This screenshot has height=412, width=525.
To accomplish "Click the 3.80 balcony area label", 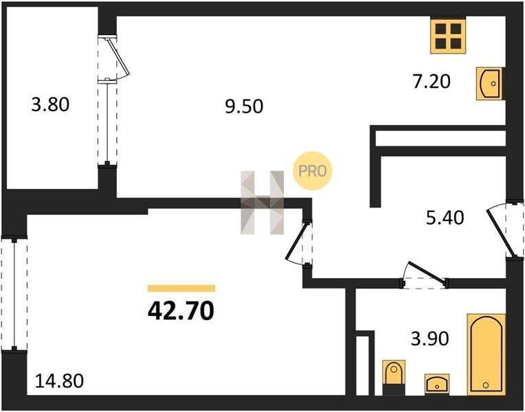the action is pyautogui.click(x=50, y=104).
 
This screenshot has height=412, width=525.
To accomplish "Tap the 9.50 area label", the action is pyautogui.click(x=244, y=106).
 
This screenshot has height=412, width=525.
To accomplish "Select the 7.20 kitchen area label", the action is pyautogui.click(x=432, y=82).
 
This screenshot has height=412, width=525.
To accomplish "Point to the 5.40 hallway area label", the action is pyautogui.click(x=445, y=218).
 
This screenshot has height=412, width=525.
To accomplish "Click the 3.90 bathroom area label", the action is pyautogui.click(x=430, y=339).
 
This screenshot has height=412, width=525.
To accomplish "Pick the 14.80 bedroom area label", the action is pyautogui.click(x=59, y=381).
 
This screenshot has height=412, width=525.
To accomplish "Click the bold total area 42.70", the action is pyautogui.click(x=181, y=310).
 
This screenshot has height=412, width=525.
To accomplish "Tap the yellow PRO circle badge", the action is pyautogui.click(x=313, y=171).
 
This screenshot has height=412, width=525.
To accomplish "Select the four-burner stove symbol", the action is pyautogui.click(x=448, y=36).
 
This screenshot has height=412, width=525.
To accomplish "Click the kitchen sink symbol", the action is pyautogui.click(x=489, y=84).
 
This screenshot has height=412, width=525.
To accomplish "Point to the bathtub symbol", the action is pyautogui.click(x=486, y=354).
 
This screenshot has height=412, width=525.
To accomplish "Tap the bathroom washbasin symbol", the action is pyautogui.click(x=437, y=384).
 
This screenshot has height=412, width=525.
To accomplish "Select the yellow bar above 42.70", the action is pyautogui.click(x=181, y=288).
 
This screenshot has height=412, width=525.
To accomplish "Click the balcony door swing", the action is pyautogui.click(x=114, y=58).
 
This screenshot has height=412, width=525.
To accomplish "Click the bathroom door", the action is pyautogui.click(x=425, y=275).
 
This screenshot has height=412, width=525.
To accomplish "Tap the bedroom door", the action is pyautogui.click(x=299, y=243).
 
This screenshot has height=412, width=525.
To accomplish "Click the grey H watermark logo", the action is pyautogui.click(x=262, y=203).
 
